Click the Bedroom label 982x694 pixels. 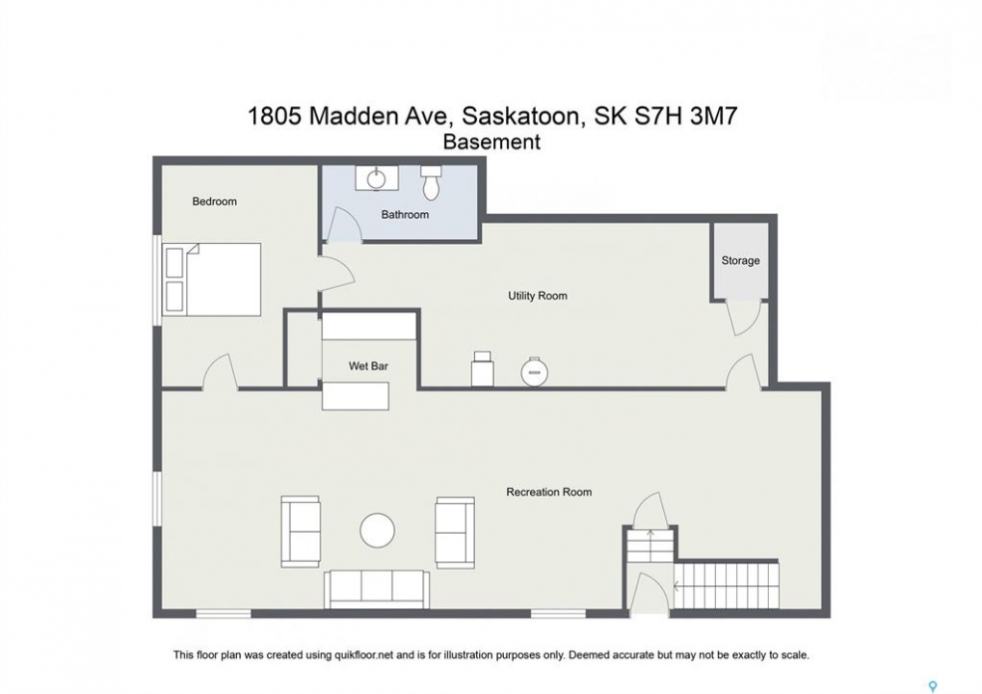[214, 201]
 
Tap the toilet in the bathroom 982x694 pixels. [431, 182]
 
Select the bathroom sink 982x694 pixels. [377, 178]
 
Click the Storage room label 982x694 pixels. [740, 260]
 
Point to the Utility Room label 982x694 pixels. [538, 296]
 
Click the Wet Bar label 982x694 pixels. [368, 365]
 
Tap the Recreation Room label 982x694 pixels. [548, 493]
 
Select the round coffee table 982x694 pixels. [378, 530]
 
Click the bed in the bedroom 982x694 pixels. [212, 280]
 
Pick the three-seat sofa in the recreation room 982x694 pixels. [377, 589]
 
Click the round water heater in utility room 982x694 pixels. [534, 372]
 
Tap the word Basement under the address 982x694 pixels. [491, 143]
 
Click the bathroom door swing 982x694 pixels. [343, 225]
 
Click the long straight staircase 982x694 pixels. [727, 584]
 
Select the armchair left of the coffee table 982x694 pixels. [301, 532]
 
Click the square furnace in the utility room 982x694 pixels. [482, 368]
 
